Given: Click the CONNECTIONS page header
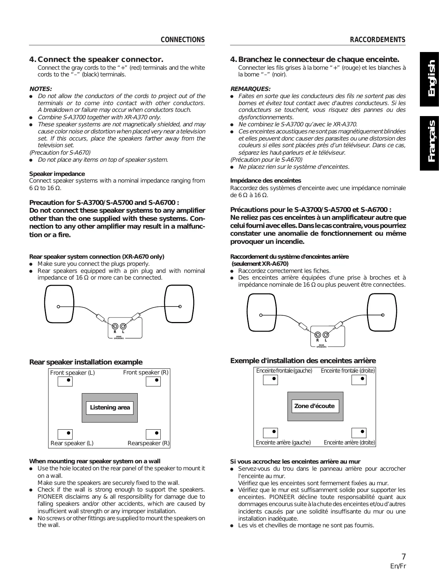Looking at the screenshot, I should point(182,40).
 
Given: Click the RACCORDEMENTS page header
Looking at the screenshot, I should point(377,40).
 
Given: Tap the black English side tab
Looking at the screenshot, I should point(429,79).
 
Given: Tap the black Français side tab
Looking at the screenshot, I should point(429,143).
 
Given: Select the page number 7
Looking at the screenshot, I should point(403,556).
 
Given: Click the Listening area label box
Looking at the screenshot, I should point(110,407).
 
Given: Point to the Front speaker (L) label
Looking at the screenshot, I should point(73,373).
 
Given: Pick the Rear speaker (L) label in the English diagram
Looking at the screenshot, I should point(72,443).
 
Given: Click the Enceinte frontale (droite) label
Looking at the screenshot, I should point(348,371).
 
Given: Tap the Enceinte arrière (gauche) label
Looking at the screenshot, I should point(283,442).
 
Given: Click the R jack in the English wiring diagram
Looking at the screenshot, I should point(115,326).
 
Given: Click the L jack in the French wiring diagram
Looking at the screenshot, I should point(326,334).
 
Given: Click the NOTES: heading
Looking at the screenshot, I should point(40,89).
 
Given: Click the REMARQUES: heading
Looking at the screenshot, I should point(250,89).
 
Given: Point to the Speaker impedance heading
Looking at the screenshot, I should point(57,174).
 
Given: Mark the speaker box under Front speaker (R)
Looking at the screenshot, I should point(153,381).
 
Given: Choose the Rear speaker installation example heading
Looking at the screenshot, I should point(86,362).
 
